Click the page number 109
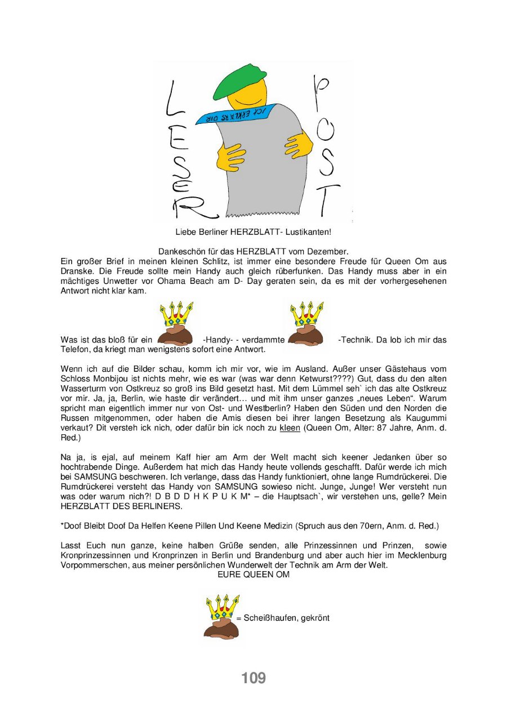253,678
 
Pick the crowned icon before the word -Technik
306,323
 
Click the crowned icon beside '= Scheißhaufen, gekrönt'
221,614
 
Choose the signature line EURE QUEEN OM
253,575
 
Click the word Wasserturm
82,389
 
